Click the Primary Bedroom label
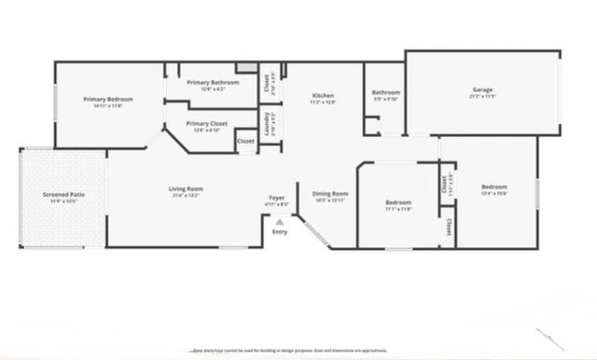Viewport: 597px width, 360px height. [107, 99]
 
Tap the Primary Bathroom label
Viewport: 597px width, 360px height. [213, 83]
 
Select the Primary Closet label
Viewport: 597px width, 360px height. [207, 123]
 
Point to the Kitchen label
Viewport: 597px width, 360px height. [323, 95]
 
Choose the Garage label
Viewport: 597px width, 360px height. [482, 90]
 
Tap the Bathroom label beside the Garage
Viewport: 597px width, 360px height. [386, 92]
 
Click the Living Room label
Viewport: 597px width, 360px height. [186, 189]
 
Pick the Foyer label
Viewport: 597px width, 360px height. [277, 198]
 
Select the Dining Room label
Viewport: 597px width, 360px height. [330, 193]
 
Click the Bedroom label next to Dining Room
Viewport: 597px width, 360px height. [398, 202]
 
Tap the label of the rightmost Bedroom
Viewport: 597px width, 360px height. [493, 187]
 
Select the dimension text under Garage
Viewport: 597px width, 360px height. [482, 96]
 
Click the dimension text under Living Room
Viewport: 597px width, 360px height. [186, 196]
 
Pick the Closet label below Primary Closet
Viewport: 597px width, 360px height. [245, 141]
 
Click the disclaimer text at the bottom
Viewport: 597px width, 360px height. [298, 350]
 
